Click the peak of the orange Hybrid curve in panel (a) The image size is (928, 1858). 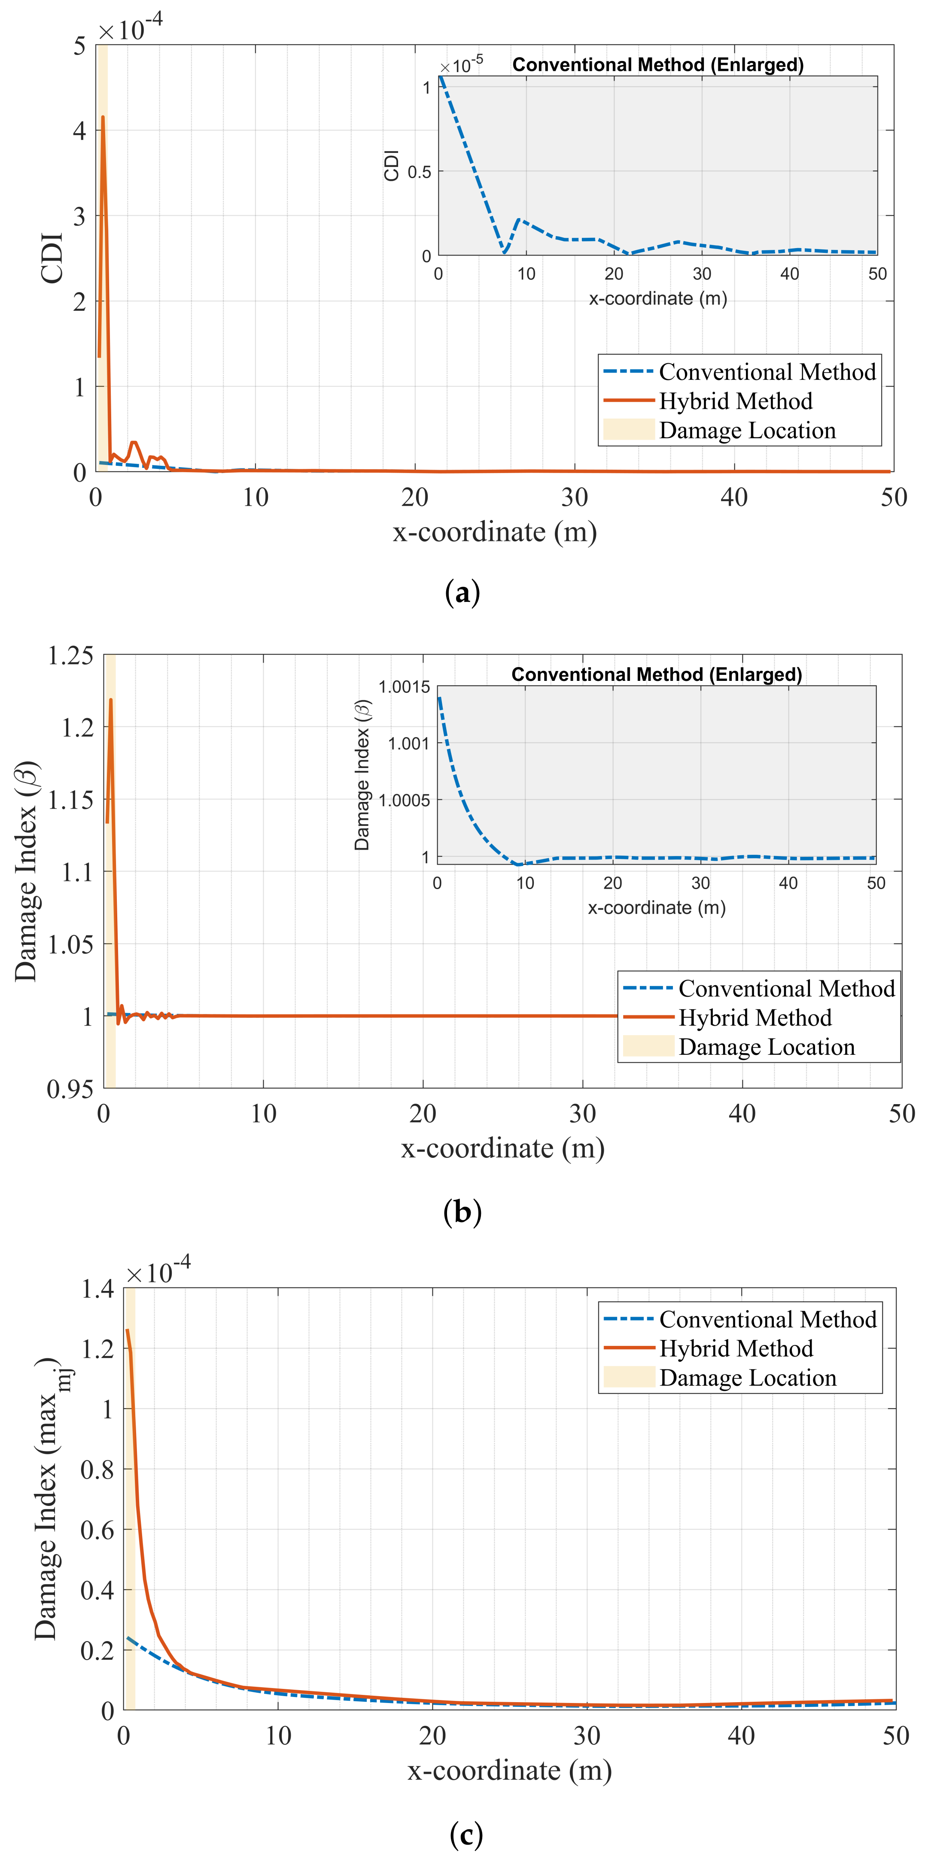coord(103,118)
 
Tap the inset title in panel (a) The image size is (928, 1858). coord(657,65)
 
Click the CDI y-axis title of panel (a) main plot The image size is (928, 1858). coord(52,258)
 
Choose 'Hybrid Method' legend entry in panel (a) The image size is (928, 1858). coord(735,401)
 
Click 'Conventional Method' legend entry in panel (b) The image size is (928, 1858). coord(786,988)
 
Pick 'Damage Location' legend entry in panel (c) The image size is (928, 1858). coord(748,1378)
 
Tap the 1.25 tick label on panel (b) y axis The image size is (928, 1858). coord(70,656)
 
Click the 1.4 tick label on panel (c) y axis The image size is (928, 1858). coord(97,1289)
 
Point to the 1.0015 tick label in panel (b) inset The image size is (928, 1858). coord(404,686)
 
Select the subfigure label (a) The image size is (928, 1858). coord(462,593)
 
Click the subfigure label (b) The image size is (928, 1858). coord(462,1212)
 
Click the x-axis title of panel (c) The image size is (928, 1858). coord(509,1771)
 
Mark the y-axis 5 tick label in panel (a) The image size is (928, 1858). coord(79,47)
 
